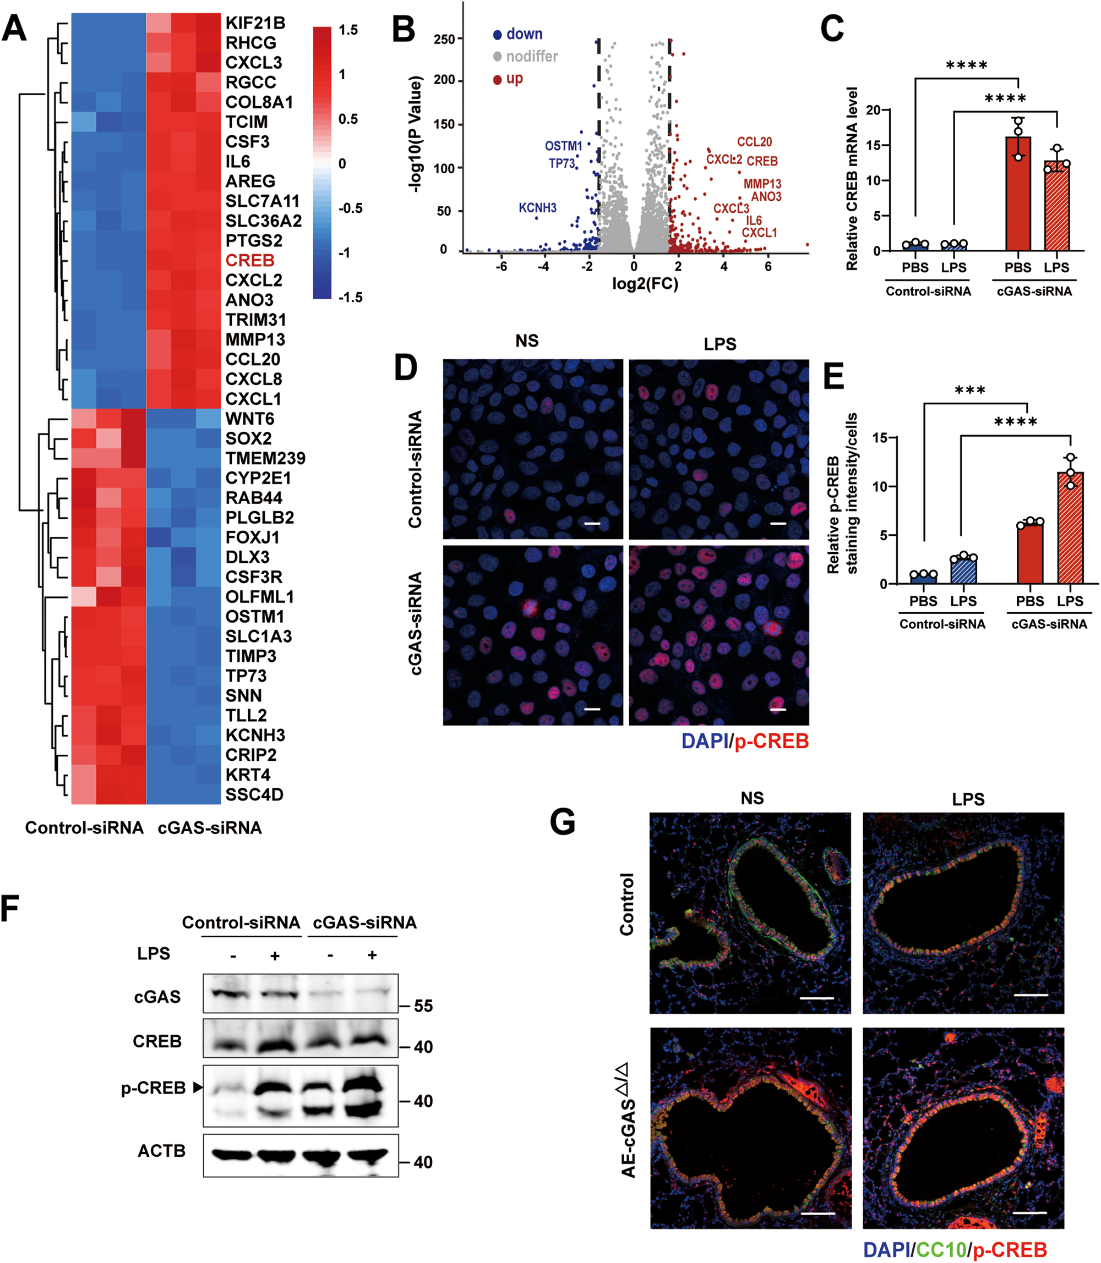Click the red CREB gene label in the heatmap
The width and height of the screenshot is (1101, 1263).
(x=249, y=260)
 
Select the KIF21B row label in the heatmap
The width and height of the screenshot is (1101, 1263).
(x=255, y=23)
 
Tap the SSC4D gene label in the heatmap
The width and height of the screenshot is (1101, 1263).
(x=254, y=794)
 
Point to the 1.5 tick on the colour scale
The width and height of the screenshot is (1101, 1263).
(x=348, y=30)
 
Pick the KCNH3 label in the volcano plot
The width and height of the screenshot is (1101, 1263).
(x=538, y=208)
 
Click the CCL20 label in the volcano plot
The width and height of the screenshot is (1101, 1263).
(x=754, y=142)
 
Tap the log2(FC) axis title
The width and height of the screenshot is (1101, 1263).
(x=645, y=284)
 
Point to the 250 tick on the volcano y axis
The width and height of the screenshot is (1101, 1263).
(x=444, y=39)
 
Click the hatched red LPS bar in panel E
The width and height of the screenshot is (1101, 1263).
(x=1070, y=528)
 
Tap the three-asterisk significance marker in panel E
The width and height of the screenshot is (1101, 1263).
(x=970, y=391)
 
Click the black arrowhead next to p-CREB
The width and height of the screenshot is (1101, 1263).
(x=198, y=1088)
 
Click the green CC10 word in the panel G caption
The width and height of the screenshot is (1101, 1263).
(x=941, y=1249)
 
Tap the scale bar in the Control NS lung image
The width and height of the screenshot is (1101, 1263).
(x=816, y=998)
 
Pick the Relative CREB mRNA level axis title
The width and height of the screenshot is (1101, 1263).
(x=852, y=179)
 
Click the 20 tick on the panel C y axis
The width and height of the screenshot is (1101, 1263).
(x=873, y=111)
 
